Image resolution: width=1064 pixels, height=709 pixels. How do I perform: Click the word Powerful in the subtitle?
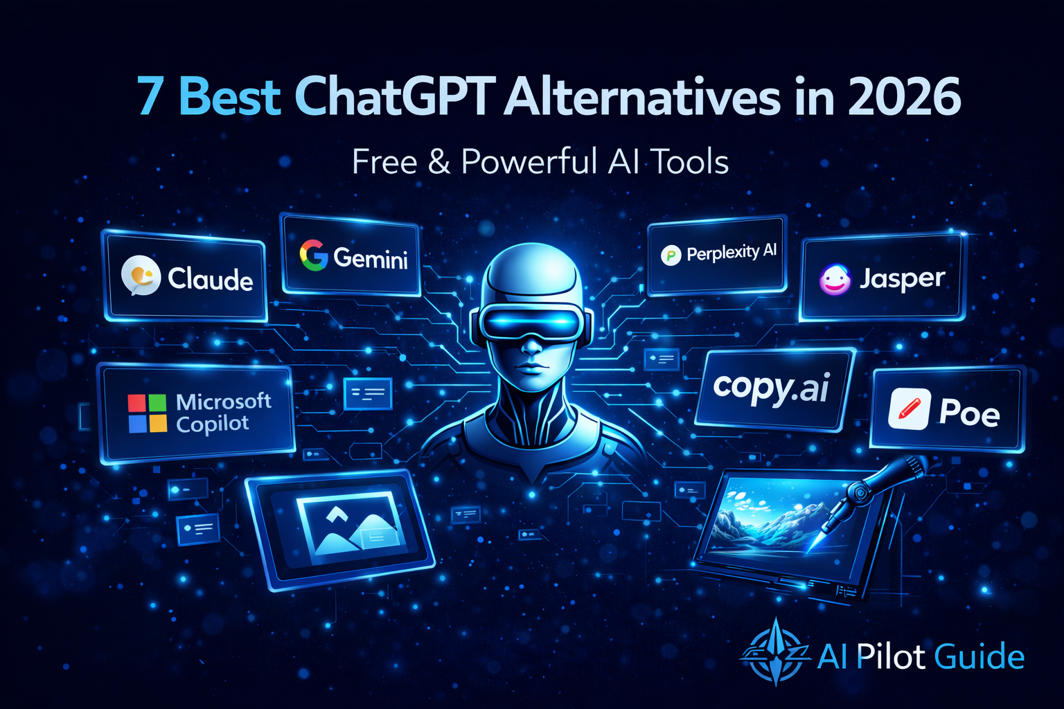(x=530, y=162)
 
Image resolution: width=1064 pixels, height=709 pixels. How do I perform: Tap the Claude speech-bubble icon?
(x=141, y=276)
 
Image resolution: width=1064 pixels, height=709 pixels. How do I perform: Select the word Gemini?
(x=371, y=258)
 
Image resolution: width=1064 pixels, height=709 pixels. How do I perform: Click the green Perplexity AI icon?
(x=670, y=255)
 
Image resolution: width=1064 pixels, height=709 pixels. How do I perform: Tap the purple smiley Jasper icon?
(x=835, y=280)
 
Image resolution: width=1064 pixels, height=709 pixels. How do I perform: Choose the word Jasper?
(x=902, y=278)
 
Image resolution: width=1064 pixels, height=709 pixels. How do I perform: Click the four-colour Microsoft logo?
(x=147, y=413)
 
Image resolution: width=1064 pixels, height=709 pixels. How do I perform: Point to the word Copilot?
(x=212, y=424)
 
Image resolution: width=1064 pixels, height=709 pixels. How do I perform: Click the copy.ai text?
(x=771, y=388)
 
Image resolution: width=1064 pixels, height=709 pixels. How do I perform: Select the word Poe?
(x=969, y=413)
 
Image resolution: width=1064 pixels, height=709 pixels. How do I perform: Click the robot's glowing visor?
(x=531, y=323)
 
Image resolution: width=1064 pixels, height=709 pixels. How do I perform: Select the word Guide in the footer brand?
(x=979, y=656)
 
